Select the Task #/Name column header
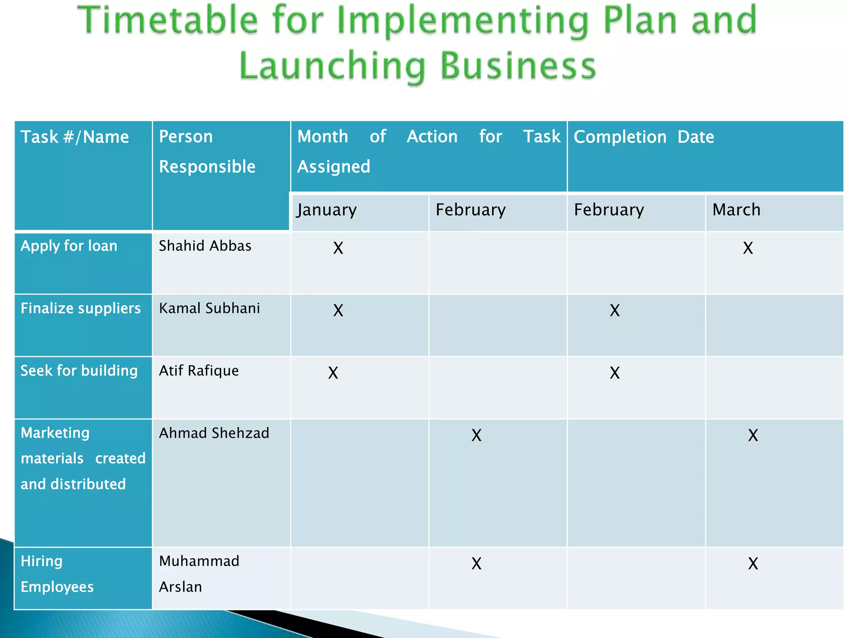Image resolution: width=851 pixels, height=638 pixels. click(75, 137)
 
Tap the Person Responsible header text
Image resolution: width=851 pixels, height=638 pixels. click(207, 152)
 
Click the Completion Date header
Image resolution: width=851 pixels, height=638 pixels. click(644, 137)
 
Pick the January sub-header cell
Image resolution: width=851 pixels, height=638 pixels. click(327, 210)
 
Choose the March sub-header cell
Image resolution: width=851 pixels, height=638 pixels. click(736, 210)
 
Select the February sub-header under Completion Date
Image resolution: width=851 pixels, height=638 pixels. click(609, 210)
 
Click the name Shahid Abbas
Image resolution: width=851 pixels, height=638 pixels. click(205, 246)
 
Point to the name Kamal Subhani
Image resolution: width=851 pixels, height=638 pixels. click(209, 308)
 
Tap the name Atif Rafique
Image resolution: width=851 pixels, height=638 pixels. click(199, 371)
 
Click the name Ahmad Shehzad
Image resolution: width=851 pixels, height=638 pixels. click(214, 433)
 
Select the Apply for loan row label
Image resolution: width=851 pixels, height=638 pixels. click(69, 246)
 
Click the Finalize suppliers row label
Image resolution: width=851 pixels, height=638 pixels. click(81, 308)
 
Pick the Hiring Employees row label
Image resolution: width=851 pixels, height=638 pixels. click(57, 574)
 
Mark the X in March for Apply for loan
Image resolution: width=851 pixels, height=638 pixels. click(748, 248)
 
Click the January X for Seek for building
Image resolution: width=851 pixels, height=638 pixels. click(333, 373)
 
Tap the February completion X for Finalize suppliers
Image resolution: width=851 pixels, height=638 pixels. click(615, 311)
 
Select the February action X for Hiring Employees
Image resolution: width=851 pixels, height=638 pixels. click(476, 564)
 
